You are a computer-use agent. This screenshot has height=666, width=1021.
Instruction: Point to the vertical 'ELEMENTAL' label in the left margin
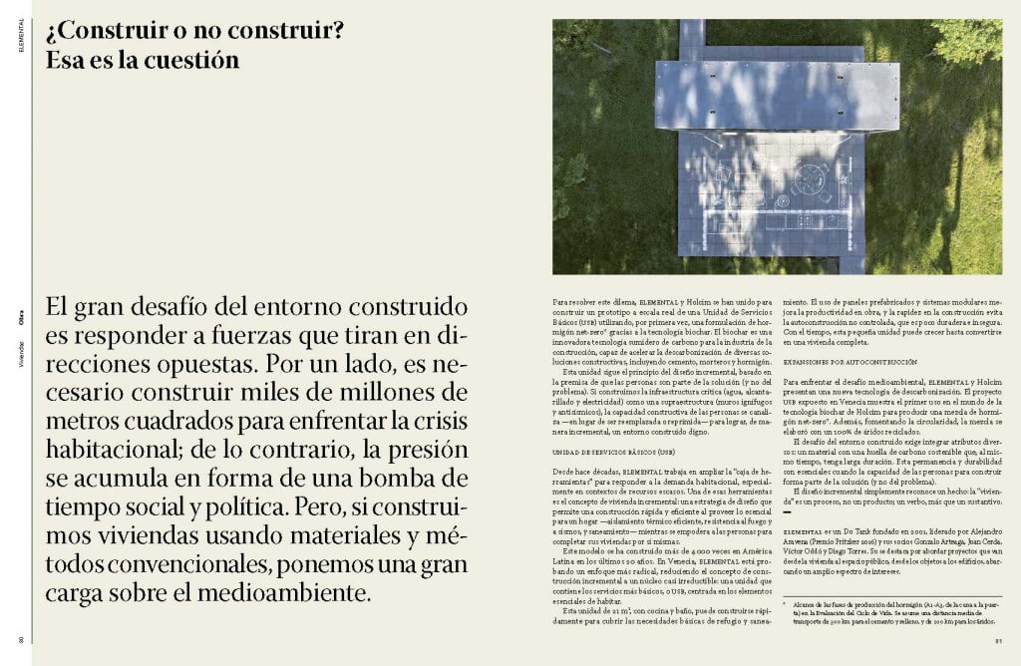tap(20, 37)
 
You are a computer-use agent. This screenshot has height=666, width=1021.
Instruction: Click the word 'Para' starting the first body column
tap(561, 299)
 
